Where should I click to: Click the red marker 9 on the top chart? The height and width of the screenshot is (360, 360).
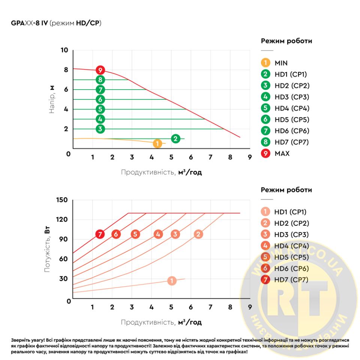[x=100, y=70]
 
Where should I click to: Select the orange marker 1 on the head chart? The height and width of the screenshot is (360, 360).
[x=157, y=144]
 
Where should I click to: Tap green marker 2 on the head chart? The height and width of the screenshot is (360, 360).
[x=175, y=138]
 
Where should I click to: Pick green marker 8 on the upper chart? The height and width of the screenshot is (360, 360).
[x=100, y=79]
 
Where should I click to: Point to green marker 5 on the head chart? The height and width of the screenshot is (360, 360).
[x=100, y=109]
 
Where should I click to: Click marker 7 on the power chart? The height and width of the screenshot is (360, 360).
[x=100, y=234]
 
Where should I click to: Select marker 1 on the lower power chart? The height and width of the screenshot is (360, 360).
[x=171, y=280]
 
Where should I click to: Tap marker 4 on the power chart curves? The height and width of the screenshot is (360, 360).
[x=158, y=234]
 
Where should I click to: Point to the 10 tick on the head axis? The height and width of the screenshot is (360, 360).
[x=64, y=50]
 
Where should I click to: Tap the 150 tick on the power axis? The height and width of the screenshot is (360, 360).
[x=62, y=200]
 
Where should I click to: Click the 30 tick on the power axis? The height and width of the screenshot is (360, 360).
[x=63, y=279]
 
